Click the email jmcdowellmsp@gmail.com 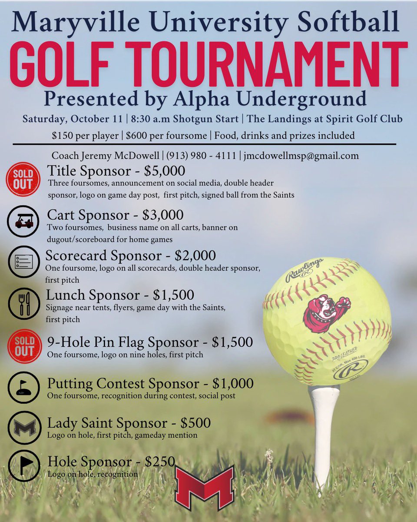pyautogui.click(x=301, y=155)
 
